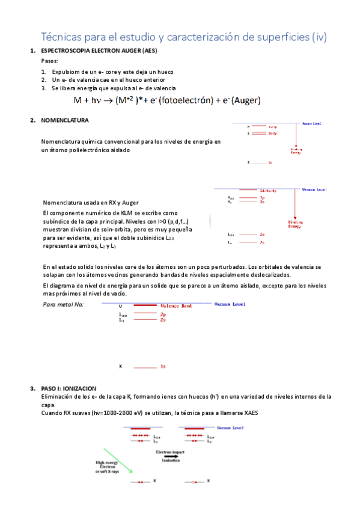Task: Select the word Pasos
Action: coord(50,61)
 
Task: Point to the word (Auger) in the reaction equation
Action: coord(245,100)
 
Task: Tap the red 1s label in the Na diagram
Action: coord(162,366)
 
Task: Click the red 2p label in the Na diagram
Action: coord(162,315)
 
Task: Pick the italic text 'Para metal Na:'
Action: coord(64,305)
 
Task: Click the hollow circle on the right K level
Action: coord(194,482)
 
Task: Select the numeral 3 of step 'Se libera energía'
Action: coord(44,88)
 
